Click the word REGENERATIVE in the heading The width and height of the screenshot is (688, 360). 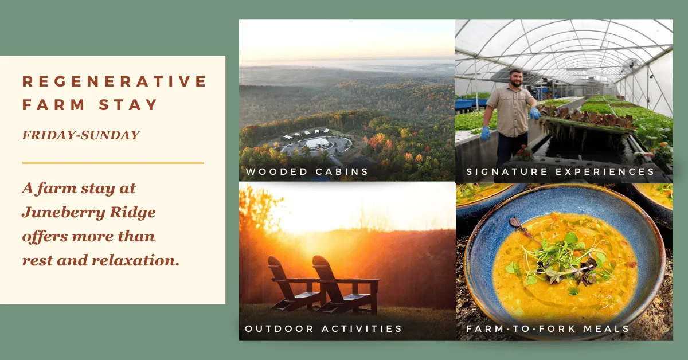tap(114, 81)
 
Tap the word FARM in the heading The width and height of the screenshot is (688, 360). tap(53, 105)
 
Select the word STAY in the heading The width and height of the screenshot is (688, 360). tap(128, 105)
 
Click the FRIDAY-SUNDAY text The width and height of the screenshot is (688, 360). tap(81, 135)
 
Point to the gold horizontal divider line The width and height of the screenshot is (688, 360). tap(113, 163)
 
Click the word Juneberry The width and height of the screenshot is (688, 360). tap(63, 213)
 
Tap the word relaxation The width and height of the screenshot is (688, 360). tap(135, 260)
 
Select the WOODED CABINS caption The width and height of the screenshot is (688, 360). tap(307, 171)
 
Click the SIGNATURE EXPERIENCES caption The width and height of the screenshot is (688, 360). tap(560, 171)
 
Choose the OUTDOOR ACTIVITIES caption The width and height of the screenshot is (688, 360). tap(323, 328)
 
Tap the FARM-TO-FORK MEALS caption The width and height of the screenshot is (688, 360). tap(548, 328)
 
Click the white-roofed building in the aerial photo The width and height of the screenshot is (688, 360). tap(318, 143)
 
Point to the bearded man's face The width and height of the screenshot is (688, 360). tap(517, 79)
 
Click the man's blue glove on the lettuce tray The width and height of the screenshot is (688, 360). tap(535, 113)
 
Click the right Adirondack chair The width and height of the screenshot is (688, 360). tap(346, 285)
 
